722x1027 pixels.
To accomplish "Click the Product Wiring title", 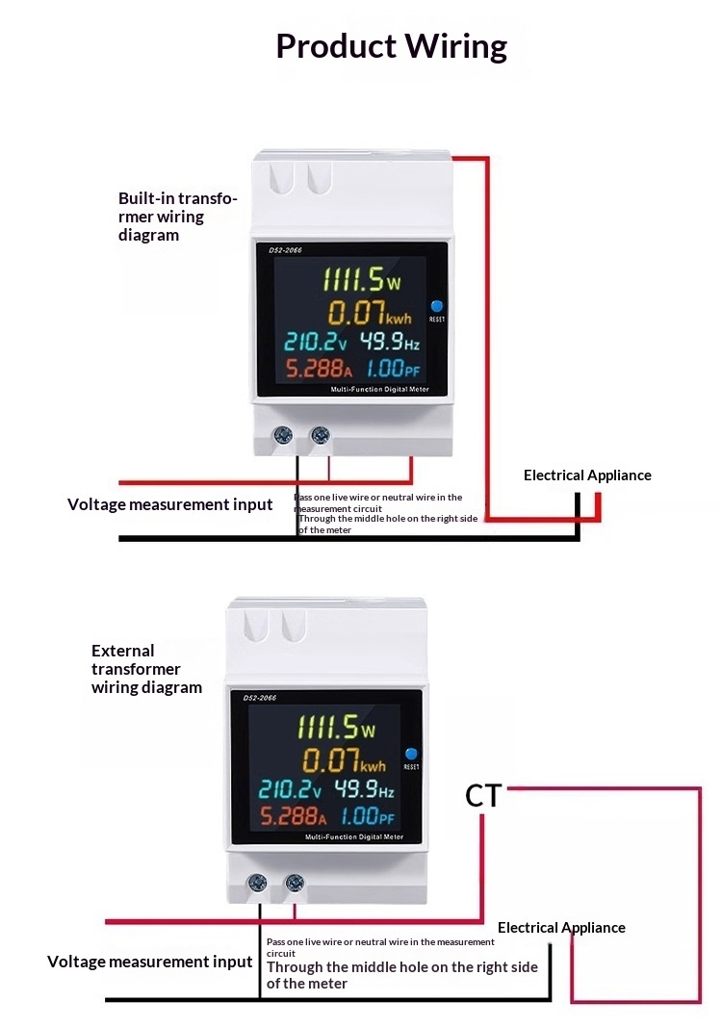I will (x=391, y=46).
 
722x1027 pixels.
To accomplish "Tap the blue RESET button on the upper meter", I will (x=436, y=303).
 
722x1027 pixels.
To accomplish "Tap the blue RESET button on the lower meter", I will (x=411, y=754).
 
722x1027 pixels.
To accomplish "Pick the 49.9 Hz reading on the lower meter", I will (x=364, y=790).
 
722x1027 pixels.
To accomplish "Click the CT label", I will (x=483, y=796).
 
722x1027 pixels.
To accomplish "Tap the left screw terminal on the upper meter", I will (x=283, y=436).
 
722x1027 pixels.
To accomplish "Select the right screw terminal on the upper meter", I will (x=320, y=436).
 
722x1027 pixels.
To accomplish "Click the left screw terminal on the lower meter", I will (x=257, y=883).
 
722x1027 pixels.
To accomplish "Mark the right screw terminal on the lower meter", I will (x=294, y=883).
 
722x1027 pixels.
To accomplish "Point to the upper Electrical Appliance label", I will (x=587, y=475).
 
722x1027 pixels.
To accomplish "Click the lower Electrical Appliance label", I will (x=561, y=928).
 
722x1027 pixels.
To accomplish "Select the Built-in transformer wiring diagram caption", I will (x=177, y=217).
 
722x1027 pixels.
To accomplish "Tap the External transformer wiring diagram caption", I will (x=146, y=669).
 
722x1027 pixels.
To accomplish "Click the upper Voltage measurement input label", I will (x=170, y=504).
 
